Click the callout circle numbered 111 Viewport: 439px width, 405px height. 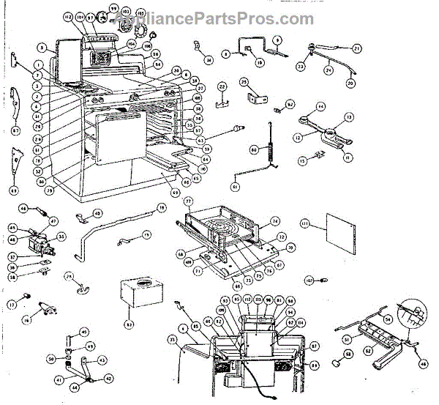(x=304, y=221)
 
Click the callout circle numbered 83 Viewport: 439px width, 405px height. (x=130, y=324)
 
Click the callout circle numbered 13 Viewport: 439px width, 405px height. (x=349, y=117)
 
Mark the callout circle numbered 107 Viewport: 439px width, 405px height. (x=309, y=280)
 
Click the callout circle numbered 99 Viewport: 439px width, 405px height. (x=113, y=9)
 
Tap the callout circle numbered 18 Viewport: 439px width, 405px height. (x=162, y=208)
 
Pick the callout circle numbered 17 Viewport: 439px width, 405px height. (x=12, y=305)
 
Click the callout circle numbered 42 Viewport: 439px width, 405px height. (x=110, y=379)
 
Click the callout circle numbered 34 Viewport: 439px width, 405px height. (x=209, y=60)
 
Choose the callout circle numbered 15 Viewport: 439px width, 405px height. (x=302, y=160)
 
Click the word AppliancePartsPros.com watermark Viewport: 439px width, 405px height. (x=219, y=19)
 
